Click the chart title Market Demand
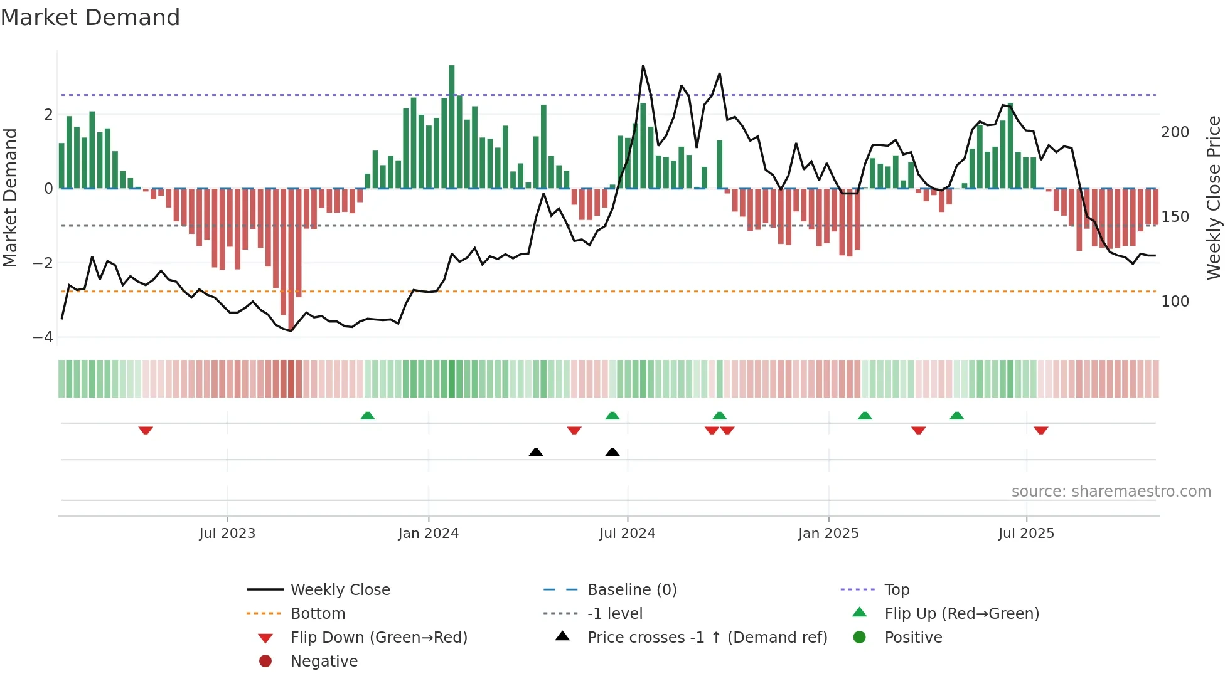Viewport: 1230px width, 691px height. coord(90,18)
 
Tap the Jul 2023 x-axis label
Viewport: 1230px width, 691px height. coord(227,534)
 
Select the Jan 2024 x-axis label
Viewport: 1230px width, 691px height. coord(429,534)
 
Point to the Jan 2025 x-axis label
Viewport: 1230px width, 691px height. coord(828,534)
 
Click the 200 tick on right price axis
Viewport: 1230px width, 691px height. coord(1175,132)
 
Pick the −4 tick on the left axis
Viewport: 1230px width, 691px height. coord(43,337)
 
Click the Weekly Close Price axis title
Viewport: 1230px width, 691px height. coord(1214,198)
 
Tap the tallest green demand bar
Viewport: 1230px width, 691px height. coord(452,125)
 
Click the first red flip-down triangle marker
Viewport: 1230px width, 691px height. coord(146,430)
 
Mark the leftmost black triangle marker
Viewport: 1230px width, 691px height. coord(536,452)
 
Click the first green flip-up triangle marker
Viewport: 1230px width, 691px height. coord(368,416)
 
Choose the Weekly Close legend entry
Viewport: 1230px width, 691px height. coord(340,590)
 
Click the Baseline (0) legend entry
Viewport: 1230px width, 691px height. coord(632,590)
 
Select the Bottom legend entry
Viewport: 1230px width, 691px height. coord(318,614)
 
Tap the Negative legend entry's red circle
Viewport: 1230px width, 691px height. coord(265,662)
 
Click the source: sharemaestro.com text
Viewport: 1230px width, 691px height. coord(1111,492)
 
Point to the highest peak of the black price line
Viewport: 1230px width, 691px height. coord(643,66)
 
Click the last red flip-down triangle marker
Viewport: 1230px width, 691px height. coord(1041,430)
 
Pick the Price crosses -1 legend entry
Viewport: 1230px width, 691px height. coord(707,638)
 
